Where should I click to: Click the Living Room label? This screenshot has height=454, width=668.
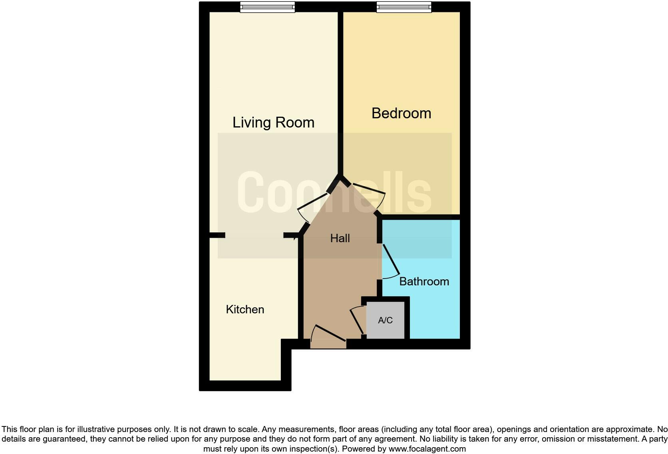pyautogui.click(x=273, y=122)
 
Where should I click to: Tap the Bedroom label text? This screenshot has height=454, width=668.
pyautogui.click(x=401, y=113)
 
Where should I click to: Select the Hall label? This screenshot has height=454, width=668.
pyautogui.click(x=340, y=238)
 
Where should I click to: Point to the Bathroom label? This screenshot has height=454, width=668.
pyautogui.click(x=424, y=281)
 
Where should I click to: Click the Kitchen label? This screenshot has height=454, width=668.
pyautogui.click(x=245, y=309)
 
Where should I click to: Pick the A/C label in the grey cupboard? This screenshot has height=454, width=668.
pyautogui.click(x=385, y=320)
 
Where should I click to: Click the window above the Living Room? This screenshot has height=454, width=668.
pyautogui.click(x=267, y=7)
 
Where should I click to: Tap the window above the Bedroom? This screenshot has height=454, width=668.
pyautogui.click(x=404, y=7)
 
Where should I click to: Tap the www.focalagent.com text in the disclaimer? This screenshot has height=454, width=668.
pyautogui.click(x=427, y=449)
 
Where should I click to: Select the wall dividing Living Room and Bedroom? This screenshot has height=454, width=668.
pyautogui.click(x=340, y=92)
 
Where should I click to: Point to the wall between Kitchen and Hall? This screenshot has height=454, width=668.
pyautogui.click(x=301, y=288)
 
